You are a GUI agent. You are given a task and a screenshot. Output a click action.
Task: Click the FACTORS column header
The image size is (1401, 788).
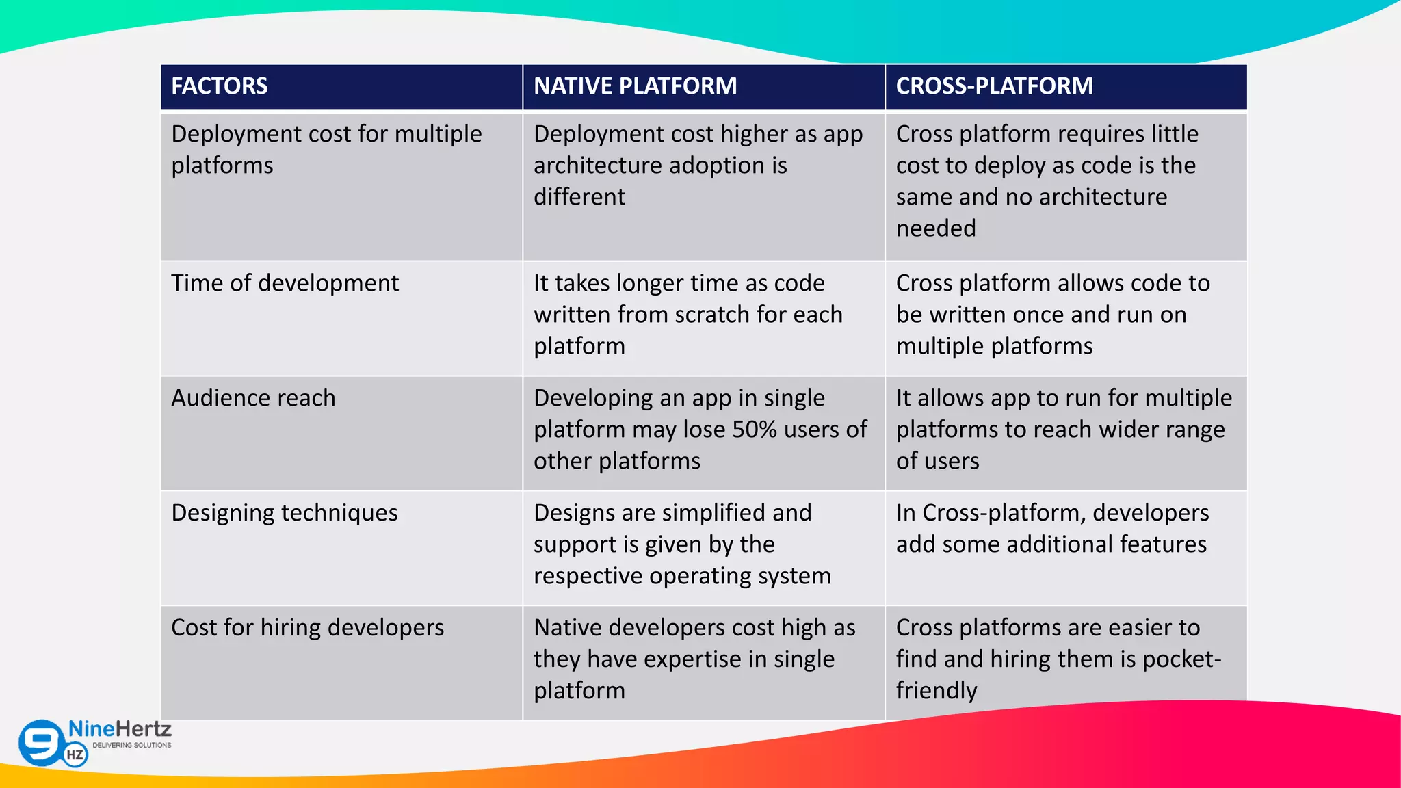(220, 86)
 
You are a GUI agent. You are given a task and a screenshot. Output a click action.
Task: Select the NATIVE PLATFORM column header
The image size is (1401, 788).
(635, 86)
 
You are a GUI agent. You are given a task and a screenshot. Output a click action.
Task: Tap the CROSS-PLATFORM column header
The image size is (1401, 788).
(994, 86)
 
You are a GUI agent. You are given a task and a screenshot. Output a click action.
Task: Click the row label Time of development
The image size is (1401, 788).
(285, 283)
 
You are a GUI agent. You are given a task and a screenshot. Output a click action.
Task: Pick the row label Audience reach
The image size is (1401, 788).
(253, 398)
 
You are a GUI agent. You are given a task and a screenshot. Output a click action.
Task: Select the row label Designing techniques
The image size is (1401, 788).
(284, 513)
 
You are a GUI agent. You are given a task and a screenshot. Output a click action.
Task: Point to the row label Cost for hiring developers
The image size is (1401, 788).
(307, 628)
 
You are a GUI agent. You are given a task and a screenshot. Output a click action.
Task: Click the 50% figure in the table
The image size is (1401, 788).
(754, 430)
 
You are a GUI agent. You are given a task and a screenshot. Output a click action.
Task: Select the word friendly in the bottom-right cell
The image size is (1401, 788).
(937, 691)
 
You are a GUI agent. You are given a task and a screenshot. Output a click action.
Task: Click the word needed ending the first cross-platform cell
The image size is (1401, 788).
(936, 228)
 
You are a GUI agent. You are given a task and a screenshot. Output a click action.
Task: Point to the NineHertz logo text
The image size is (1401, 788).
(120, 729)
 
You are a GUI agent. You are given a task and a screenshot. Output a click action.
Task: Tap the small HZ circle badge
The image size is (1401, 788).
(75, 755)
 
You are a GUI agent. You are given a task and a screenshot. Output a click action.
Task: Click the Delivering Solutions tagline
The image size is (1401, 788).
(132, 745)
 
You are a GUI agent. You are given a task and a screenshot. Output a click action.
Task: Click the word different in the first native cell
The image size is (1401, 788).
(579, 197)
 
